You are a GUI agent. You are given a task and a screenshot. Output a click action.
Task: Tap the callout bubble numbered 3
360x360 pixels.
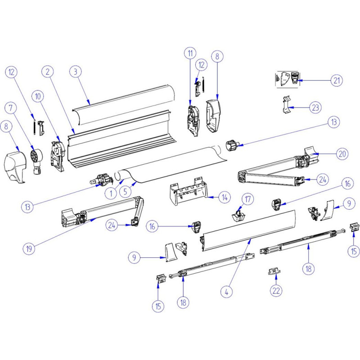[x=76, y=72]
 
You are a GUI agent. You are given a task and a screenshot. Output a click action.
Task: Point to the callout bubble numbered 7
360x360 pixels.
[x=11, y=108]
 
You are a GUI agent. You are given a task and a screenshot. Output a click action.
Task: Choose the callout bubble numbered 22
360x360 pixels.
[x=276, y=291]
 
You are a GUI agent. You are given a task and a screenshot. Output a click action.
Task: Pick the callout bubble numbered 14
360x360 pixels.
[x=224, y=197]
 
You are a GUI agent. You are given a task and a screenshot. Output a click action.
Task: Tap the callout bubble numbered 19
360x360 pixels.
[x=30, y=247]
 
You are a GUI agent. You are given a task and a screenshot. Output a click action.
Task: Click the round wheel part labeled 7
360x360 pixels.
[x=36, y=156]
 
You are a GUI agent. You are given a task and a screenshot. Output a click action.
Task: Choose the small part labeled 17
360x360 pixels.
[x=238, y=215]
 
